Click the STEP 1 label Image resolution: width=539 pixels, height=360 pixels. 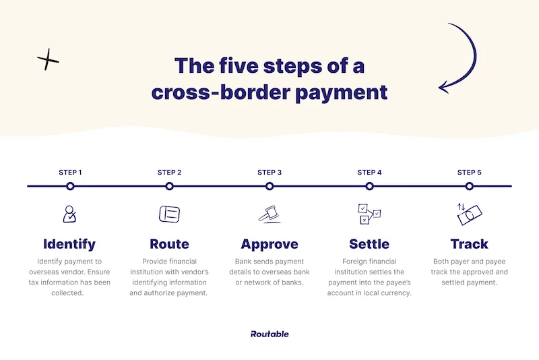[x=70, y=173]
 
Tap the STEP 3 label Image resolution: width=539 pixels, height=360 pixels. [x=269, y=173]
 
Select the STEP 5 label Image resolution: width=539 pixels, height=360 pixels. [x=470, y=173]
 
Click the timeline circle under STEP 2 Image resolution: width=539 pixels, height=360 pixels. [x=170, y=186]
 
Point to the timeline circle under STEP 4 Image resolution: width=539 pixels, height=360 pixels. [x=369, y=186]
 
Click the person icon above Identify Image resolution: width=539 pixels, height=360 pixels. [x=69, y=214]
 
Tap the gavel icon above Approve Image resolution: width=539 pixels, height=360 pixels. [x=269, y=214]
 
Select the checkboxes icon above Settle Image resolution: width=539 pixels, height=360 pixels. [x=369, y=214]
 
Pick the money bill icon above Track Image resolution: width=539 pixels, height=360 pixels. [x=469, y=214]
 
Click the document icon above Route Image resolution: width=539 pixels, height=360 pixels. [x=169, y=214]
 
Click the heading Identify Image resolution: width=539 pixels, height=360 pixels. [x=69, y=244]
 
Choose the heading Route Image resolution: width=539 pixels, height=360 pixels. [x=169, y=244]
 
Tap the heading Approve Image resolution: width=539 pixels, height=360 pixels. [x=269, y=244]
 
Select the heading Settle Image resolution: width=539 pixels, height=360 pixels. [x=369, y=244]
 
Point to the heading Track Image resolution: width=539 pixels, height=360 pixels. [x=469, y=244]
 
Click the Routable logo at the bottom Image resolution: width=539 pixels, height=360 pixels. [x=269, y=334]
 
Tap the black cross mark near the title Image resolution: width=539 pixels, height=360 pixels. [x=48, y=61]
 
